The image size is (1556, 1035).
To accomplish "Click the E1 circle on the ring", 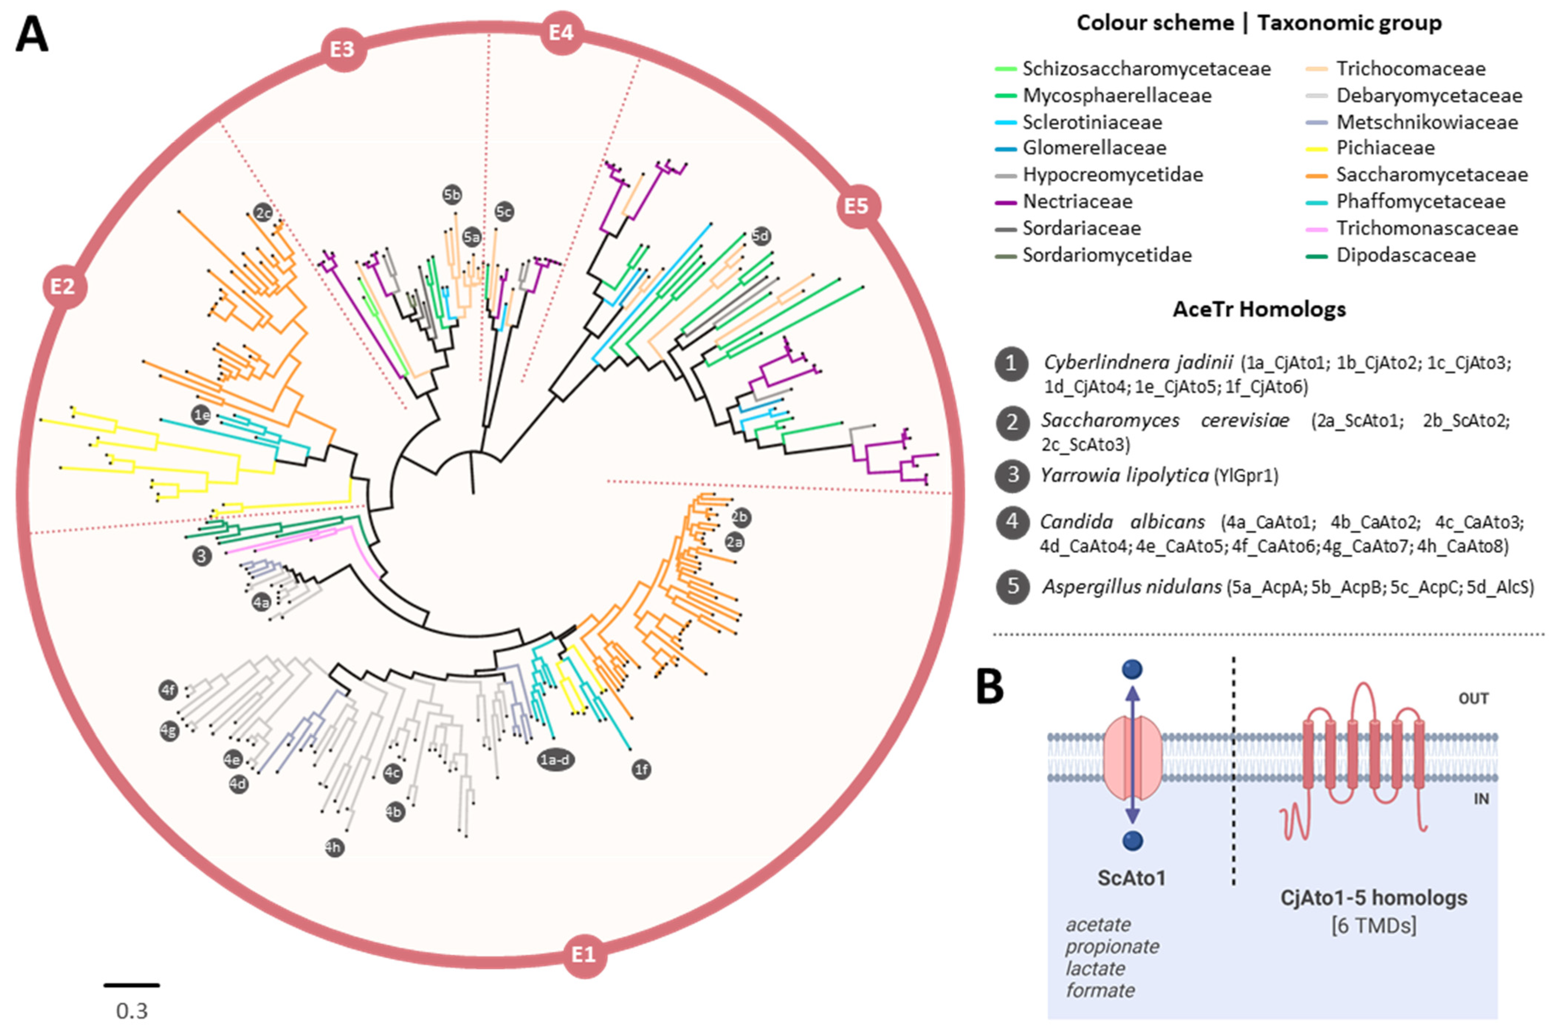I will point(584,955).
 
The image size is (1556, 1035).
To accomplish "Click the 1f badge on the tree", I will point(641,769).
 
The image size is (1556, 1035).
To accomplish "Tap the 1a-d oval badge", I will point(555,760).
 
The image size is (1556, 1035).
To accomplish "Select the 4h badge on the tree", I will point(335,848).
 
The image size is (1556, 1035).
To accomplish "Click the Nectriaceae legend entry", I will point(1077,201).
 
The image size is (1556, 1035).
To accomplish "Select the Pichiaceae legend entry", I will point(1385,148).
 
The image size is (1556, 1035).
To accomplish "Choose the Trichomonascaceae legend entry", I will point(1426,228).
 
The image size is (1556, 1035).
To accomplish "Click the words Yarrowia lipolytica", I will point(1124,475).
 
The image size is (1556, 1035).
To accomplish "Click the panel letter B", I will point(990,686).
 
